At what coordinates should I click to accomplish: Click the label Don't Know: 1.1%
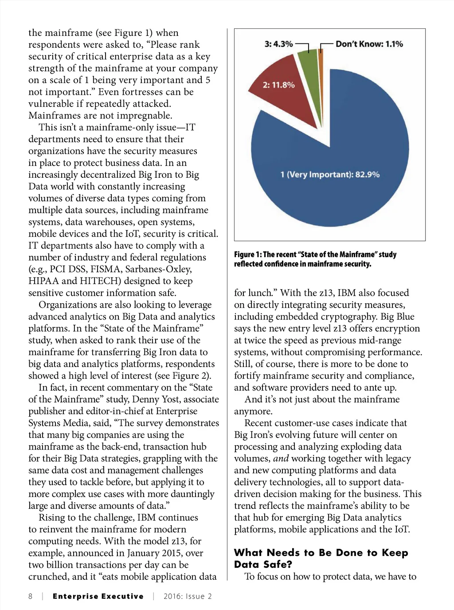click(x=369, y=44)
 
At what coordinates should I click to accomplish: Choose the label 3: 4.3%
click(x=278, y=44)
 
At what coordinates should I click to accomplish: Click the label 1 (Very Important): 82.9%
click(x=330, y=174)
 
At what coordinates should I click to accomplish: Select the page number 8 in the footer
click(x=31, y=596)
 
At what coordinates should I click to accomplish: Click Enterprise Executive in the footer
click(x=98, y=596)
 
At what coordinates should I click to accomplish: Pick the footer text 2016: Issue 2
click(x=188, y=596)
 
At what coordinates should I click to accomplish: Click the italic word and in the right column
click(x=281, y=458)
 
